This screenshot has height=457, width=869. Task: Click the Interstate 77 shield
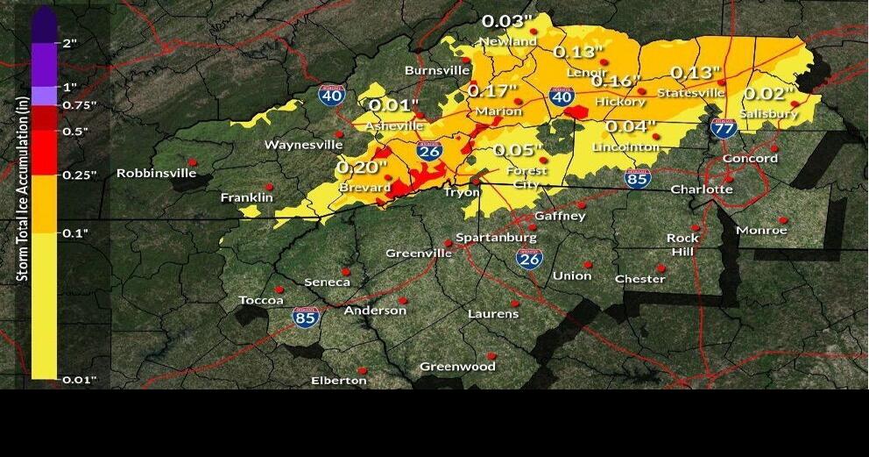(724, 129)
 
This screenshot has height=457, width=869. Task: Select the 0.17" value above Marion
(492, 89)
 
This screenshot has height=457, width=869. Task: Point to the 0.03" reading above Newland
(507, 21)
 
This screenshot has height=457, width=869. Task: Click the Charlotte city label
(701, 189)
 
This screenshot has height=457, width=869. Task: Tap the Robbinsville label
(156, 173)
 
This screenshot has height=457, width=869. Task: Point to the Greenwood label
(457, 367)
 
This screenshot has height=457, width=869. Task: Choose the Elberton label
(339, 380)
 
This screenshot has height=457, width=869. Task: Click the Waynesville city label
(304, 144)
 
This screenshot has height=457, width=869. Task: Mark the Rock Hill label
(682, 245)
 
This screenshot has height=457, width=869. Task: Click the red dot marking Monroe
(783, 219)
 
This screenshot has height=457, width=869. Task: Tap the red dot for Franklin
(269, 187)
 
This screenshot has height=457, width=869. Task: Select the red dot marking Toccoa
(279, 289)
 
